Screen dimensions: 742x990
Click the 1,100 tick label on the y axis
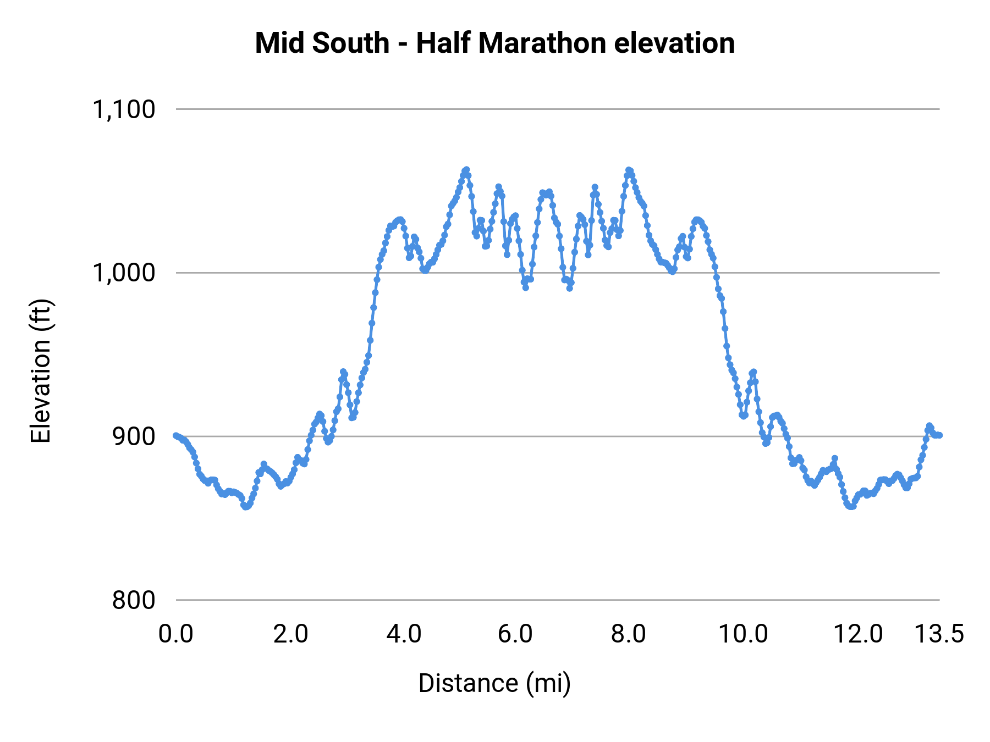pos(124,110)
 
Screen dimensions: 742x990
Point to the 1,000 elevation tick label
pos(124,273)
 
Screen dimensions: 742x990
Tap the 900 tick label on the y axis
pos(134,437)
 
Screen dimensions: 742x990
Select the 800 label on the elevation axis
pos(134,600)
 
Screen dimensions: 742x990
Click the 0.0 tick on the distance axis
pos(175,634)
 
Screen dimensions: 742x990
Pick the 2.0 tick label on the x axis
pos(290,634)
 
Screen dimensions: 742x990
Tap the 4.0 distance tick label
pos(404,634)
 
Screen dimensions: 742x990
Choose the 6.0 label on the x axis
pos(515,634)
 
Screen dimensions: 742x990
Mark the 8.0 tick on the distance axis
pos(629,634)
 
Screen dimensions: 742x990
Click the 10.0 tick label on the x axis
pos(743,634)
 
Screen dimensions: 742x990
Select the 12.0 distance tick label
pos(857,634)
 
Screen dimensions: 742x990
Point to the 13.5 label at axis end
pos(939,634)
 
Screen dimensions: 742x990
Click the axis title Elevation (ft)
pos(41,371)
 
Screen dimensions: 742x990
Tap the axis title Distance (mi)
pos(494,683)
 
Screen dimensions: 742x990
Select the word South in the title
pos(351,43)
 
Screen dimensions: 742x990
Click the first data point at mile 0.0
pos(175,435)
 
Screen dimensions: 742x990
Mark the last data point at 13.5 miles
pos(940,435)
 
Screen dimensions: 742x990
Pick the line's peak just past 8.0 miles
pos(629,170)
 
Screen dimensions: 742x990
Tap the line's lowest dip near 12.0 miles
pos(850,506)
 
